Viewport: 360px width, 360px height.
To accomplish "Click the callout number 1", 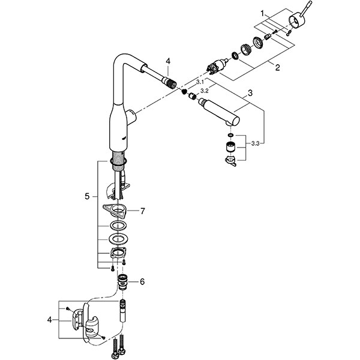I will point(262,12).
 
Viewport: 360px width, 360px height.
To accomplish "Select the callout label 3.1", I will point(200,81).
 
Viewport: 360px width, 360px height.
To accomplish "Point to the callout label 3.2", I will point(204,91).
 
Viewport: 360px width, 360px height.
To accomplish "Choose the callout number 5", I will point(88,196).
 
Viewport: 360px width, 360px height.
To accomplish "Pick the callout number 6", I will point(142,281).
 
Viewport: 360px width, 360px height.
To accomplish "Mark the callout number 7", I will point(142,211).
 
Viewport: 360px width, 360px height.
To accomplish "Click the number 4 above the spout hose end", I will point(169,61).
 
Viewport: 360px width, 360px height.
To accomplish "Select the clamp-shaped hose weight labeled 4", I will point(90,327).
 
